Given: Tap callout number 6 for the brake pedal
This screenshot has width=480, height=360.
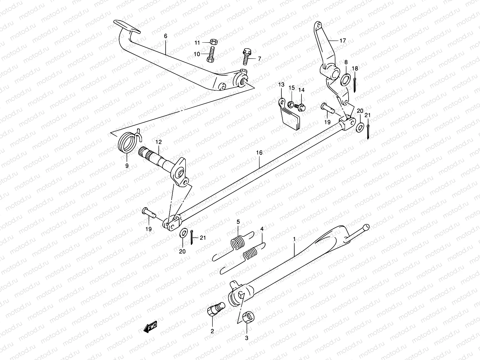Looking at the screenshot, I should tap(166, 36).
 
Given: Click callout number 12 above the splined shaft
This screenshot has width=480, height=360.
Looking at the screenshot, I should tap(158, 142).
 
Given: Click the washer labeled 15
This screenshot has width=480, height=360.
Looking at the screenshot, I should tap(290, 104).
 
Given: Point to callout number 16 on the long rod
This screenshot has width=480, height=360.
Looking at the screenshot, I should tap(259, 153).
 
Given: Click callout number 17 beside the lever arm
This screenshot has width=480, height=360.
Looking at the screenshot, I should tap(343, 40).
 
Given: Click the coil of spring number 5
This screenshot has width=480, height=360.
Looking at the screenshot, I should tap(237, 242).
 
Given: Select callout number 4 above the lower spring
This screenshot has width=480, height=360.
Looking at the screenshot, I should tap(262, 229).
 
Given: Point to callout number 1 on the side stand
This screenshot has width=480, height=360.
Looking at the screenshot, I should tap(294, 239).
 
